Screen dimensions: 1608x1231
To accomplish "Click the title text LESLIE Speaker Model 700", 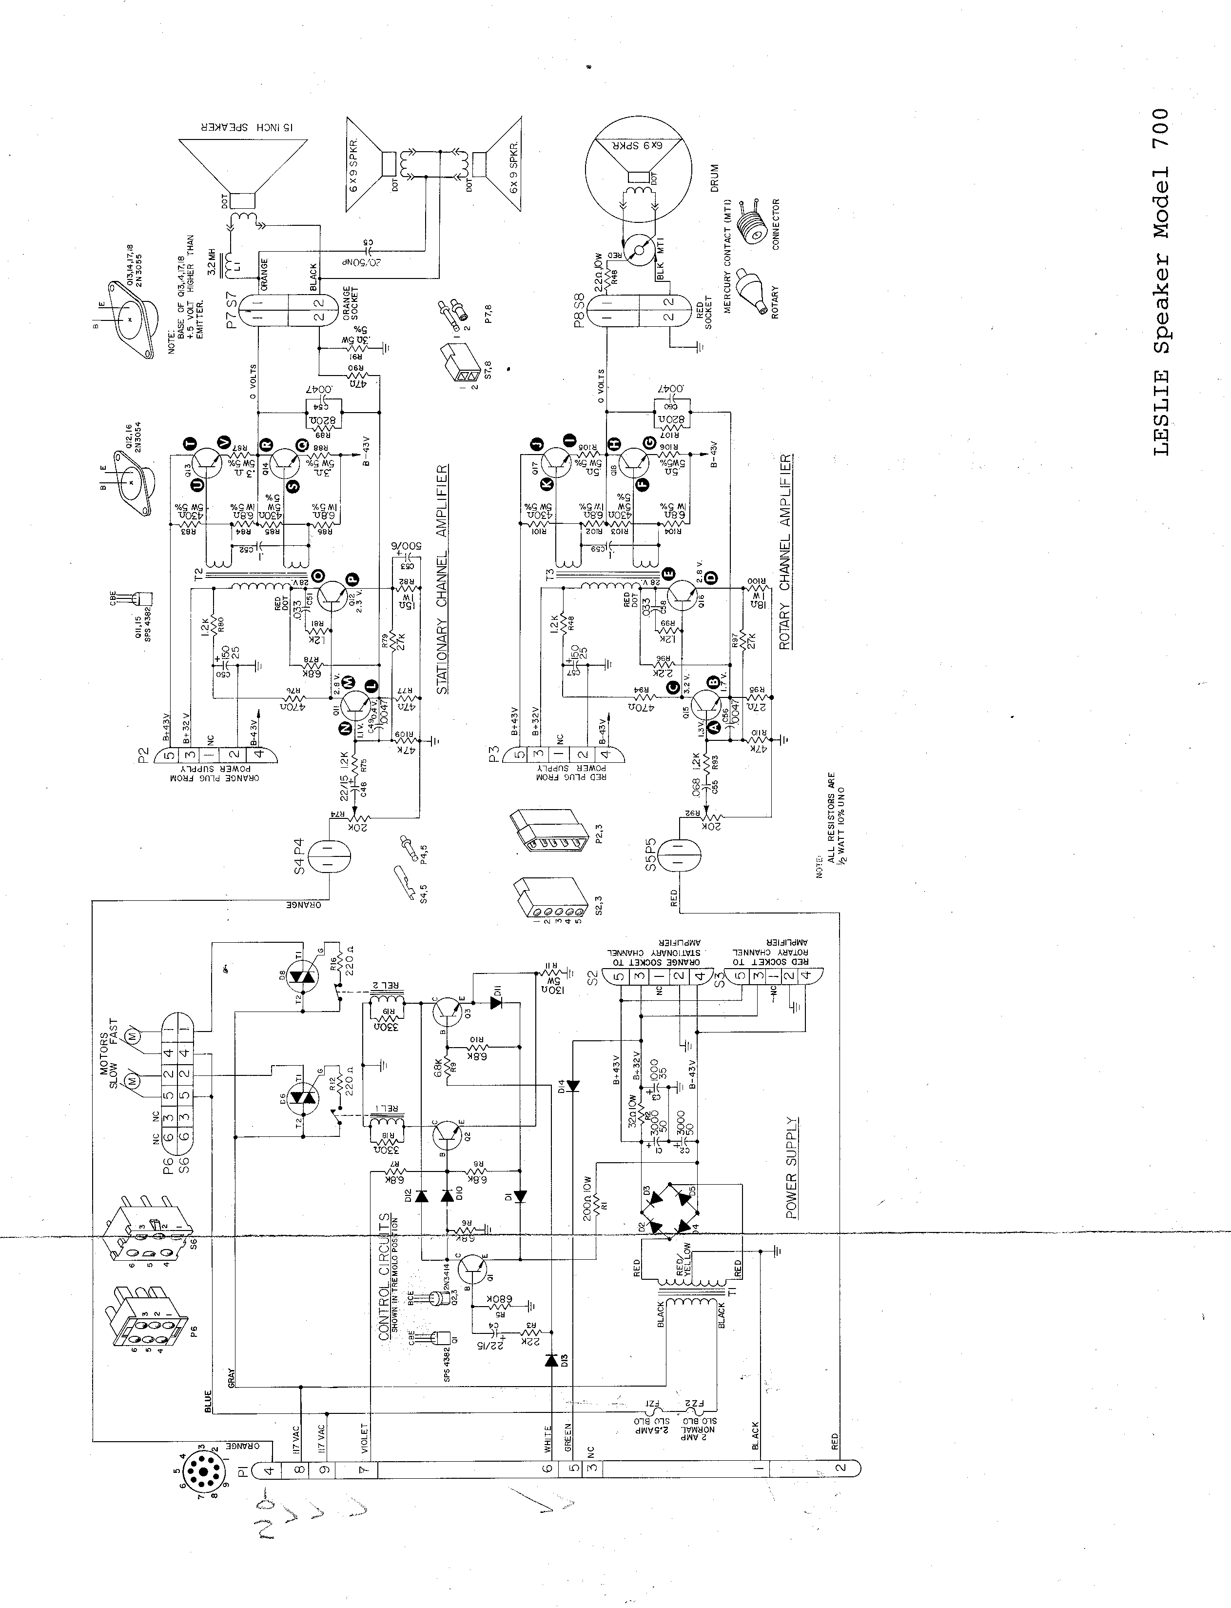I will [1161, 282].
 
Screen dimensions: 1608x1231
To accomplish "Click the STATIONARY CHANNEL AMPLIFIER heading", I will [443, 578].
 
